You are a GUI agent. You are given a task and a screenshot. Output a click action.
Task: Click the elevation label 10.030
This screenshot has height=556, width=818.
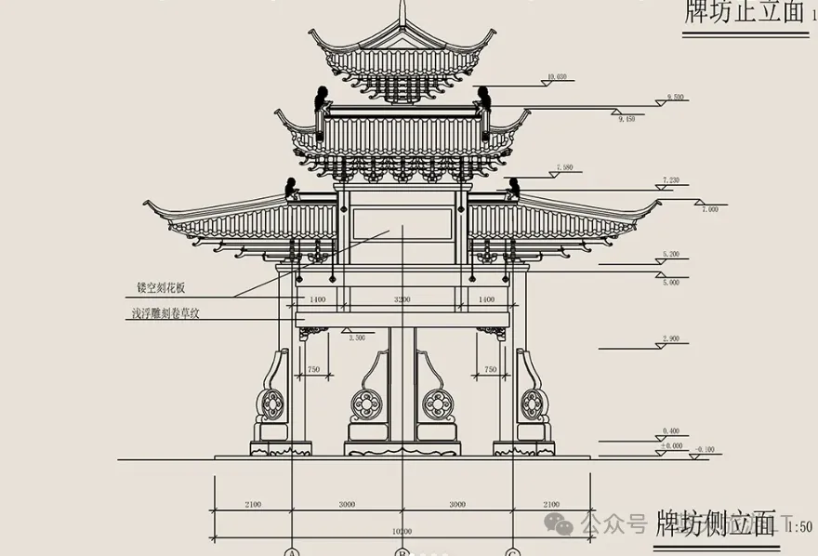[x=558, y=77]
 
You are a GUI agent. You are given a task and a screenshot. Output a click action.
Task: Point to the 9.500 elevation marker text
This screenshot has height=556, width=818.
[x=676, y=98]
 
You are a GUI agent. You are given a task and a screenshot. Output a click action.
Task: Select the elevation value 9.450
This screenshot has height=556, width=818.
[x=627, y=119]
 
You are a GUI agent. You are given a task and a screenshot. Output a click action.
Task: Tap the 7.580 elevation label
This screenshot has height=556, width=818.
[x=563, y=168]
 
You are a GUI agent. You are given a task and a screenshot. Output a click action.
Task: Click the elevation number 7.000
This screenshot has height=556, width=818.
[x=710, y=210]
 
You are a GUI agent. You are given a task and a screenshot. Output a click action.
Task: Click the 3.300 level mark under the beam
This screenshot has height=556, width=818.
[x=356, y=339]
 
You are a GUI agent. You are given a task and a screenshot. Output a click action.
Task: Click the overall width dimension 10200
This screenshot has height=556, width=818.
[x=402, y=531]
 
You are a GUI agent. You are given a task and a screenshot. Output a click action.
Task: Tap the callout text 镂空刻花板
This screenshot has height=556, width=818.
[x=161, y=288]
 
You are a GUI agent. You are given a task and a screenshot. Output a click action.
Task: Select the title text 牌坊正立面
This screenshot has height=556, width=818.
[x=743, y=12]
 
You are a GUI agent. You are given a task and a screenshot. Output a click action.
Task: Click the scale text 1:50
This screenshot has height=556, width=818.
[x=799, y=527]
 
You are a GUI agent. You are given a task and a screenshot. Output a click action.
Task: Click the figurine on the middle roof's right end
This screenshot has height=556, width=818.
[x=483, y=97]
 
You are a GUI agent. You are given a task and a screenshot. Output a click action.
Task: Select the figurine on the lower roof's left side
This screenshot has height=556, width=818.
[x=291, y=188]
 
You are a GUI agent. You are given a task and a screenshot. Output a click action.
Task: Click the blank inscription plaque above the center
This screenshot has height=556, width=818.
[x=402, y=225]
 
